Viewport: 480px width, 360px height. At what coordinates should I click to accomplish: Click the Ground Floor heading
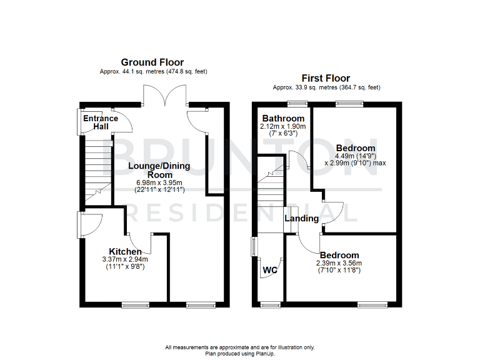152,62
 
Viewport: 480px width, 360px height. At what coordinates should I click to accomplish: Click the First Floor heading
326,77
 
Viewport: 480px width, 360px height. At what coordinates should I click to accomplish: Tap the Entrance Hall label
101,122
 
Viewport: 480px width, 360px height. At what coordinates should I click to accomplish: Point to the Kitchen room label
125,251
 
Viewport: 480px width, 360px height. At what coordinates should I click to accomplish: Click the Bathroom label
283,118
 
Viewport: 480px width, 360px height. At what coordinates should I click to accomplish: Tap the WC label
269,271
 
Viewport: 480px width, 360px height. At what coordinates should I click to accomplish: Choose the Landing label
301,218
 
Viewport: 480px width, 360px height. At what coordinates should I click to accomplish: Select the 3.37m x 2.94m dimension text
125,259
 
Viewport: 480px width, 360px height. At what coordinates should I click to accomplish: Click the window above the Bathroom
295,104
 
